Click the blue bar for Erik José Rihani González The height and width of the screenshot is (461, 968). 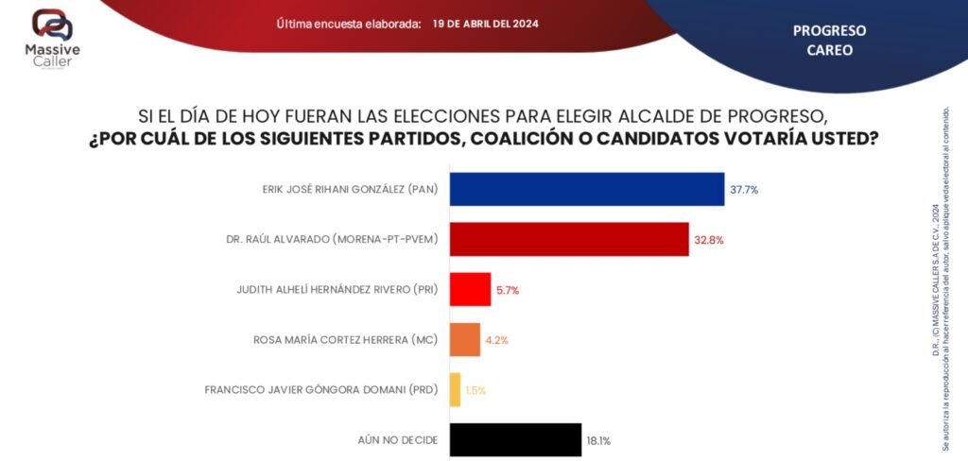click(x=586, y=189)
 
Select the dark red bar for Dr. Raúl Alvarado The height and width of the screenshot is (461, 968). click(x=568, y=239)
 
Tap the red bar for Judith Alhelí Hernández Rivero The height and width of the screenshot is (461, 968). click(x=470, y=289)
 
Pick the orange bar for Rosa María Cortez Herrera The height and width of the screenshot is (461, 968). click(x=464, y=339)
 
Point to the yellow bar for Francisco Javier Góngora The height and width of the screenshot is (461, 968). click(x=455, y=389)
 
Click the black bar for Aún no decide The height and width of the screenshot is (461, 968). click(x=515, y=439)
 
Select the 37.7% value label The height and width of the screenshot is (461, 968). click(x=744, y=190)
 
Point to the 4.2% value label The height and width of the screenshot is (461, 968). click(x=496, y=340)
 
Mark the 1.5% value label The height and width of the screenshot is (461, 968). click(x=475, y=390)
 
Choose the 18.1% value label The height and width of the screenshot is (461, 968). click(x=599, y=440)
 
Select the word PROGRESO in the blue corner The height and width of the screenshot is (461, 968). click(x=829, y=30)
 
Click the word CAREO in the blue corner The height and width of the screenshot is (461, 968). click(x=829, y=50)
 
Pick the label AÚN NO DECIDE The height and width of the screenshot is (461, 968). click(x=398, y=440)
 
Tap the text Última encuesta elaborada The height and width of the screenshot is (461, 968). click(x=349, y=24)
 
